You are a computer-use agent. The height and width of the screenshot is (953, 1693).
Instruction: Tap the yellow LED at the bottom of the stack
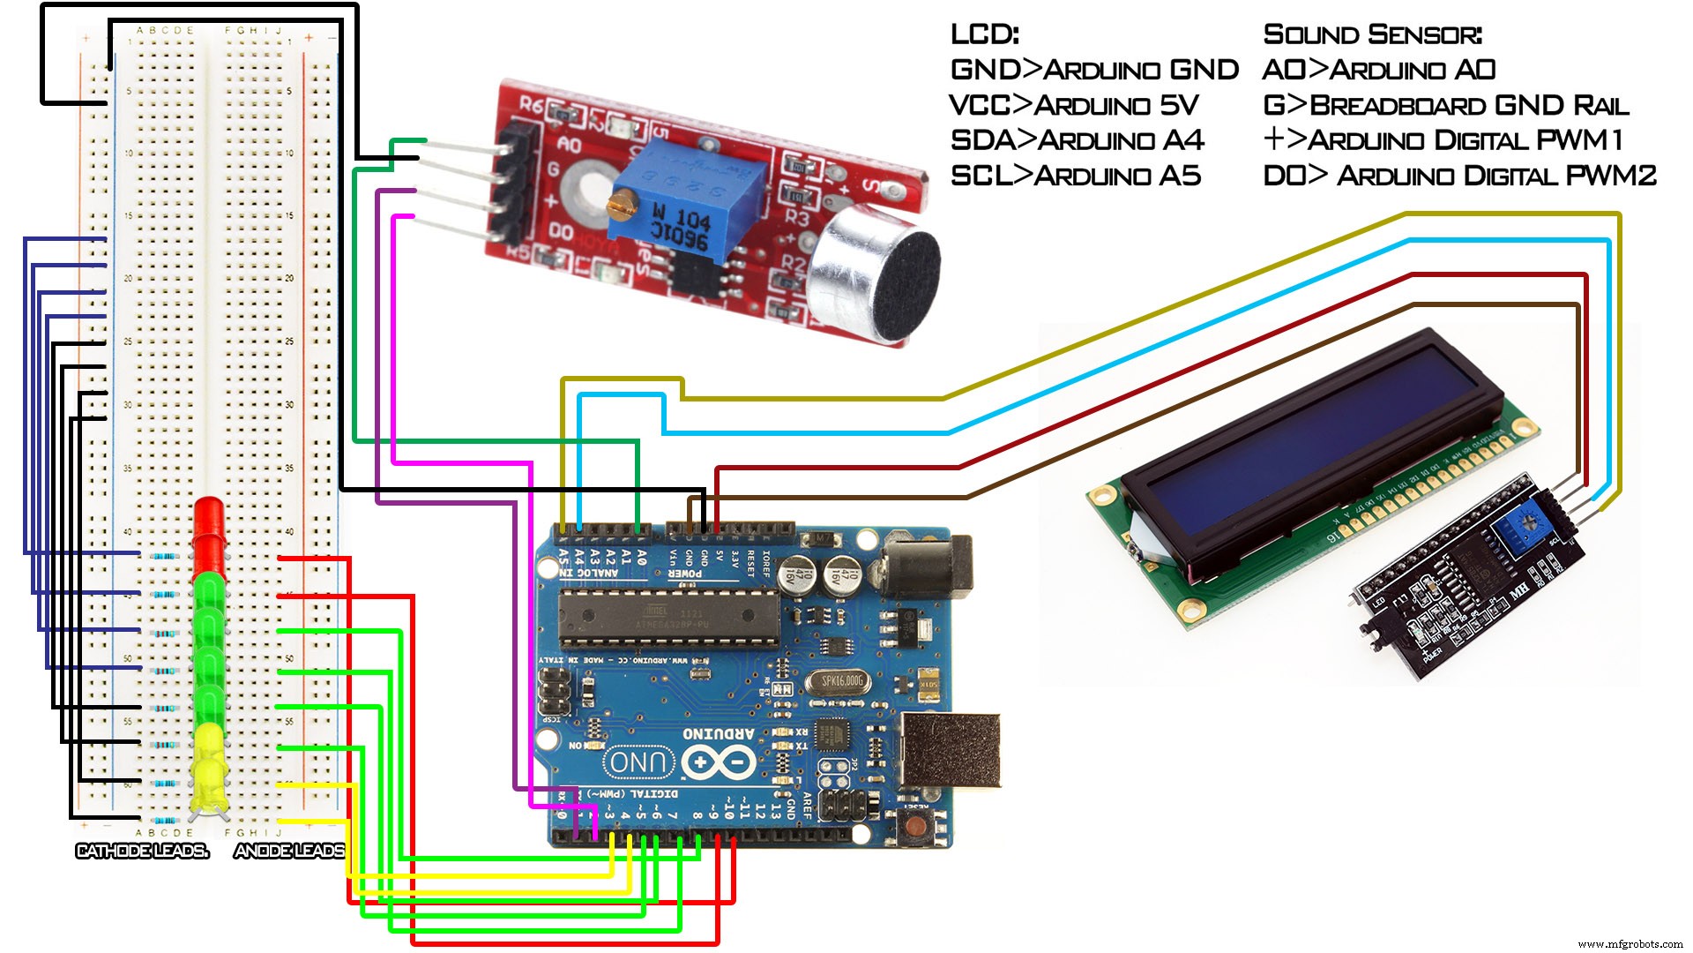click(209, 768)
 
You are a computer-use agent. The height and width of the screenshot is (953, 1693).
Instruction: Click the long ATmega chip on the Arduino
click(670, 618)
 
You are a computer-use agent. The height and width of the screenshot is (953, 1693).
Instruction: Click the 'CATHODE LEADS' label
click(142, 852)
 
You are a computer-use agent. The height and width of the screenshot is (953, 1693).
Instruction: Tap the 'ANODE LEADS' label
click(290, 852)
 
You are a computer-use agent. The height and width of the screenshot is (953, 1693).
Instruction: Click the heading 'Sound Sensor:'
click(1372, 35)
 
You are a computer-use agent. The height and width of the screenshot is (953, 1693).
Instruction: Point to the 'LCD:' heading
click(984, 35)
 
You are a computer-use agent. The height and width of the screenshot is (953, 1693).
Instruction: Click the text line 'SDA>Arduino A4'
click(1077, 141)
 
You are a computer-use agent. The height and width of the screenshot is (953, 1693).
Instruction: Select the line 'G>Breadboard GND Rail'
click(1446, 106)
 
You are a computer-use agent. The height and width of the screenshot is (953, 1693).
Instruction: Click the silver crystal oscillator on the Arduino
click(843, 681)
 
